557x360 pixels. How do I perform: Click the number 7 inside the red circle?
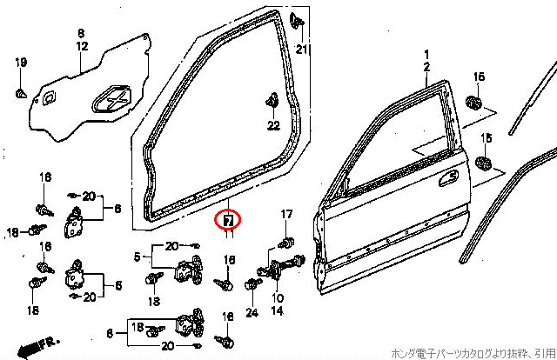228,221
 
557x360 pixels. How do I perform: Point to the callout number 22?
273,126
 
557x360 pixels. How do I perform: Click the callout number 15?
487,137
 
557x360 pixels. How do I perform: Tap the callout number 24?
252,312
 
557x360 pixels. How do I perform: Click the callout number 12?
81,44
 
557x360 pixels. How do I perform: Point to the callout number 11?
229,234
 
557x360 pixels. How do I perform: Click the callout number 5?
137,256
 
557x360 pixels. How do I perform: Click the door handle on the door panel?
449,177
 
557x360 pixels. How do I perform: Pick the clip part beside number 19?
20,90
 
